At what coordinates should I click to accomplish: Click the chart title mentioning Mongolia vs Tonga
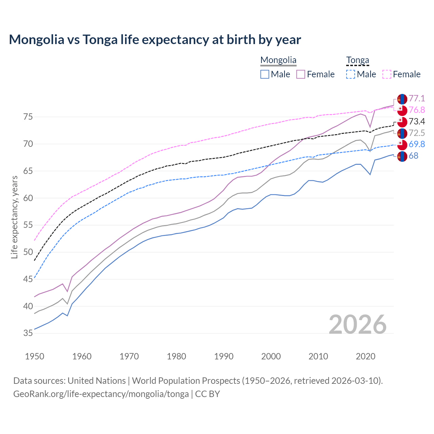[x=155, y=40]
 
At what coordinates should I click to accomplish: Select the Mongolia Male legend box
[x=265, y=74]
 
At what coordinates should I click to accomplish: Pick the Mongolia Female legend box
[x=301, y=74]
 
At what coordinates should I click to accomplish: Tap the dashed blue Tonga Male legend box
[x=351, y=74]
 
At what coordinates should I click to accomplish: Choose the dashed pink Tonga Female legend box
[x=387, y=74]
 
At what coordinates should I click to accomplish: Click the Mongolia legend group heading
[x=278, y=60]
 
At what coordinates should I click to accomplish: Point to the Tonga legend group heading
[x=357, y=60]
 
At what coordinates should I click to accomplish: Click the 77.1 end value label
[x=417, y=99]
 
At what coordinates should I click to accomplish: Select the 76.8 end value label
[x=417, y=110]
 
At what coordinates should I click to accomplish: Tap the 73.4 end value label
[x=417, y=122]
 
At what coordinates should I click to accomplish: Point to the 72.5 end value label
[x=417, y=133]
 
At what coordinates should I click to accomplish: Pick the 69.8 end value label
[x=417, y=144]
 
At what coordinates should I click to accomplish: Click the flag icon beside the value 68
[x=402, y=156]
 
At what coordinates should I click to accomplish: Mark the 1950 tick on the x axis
[x=35, y=356]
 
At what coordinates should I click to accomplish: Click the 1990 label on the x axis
[x=224, y=356]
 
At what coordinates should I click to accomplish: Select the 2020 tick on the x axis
[x=366, y=356]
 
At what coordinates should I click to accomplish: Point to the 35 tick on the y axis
[x=28, y=333]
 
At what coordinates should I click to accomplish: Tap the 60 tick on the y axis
[x=28, y=198]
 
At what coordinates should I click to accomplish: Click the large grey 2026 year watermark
[x=357, y=325]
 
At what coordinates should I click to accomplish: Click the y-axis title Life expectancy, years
[x=15, y=217]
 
